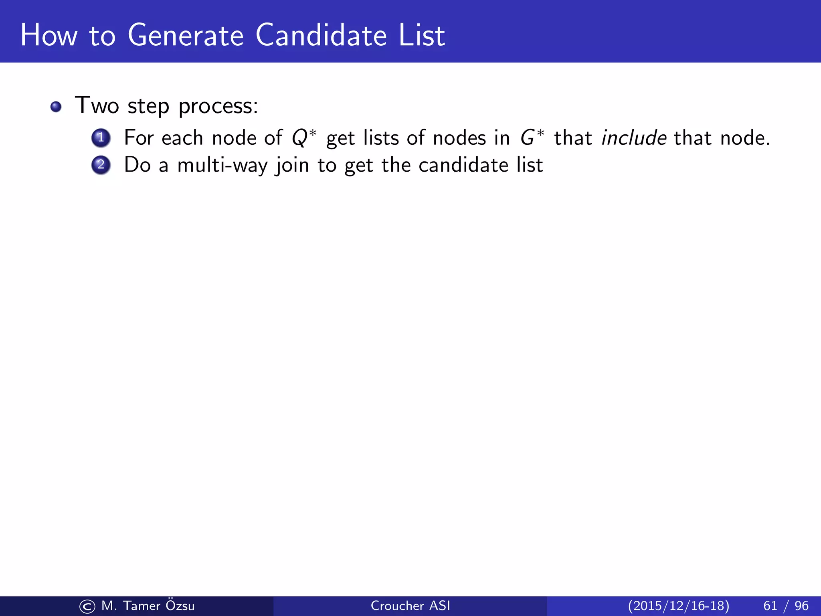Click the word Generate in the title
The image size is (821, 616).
(x=186, y=35)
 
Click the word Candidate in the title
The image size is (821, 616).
(x=321, y=35)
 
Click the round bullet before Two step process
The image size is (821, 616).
(x=56, y=107)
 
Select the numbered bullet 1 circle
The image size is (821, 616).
(x=101, y=138)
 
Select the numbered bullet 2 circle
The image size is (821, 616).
(x=101, y=165)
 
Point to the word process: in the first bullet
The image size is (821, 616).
(x=218, y=107)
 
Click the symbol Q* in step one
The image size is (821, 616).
(x=304, y=138)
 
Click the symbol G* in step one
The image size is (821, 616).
(x=532, y=138)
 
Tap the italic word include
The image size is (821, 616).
(x=634, y=138)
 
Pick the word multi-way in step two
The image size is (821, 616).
(x=222, y=165)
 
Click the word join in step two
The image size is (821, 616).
(x=292, y=165)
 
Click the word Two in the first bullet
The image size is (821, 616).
(x=97, y=106)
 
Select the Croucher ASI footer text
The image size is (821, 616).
(x=410, y=606)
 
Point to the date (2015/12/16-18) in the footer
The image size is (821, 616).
(x=678, y=606)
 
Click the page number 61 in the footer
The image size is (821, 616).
(x=770, y=606)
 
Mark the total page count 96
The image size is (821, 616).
(x=801, y=606)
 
